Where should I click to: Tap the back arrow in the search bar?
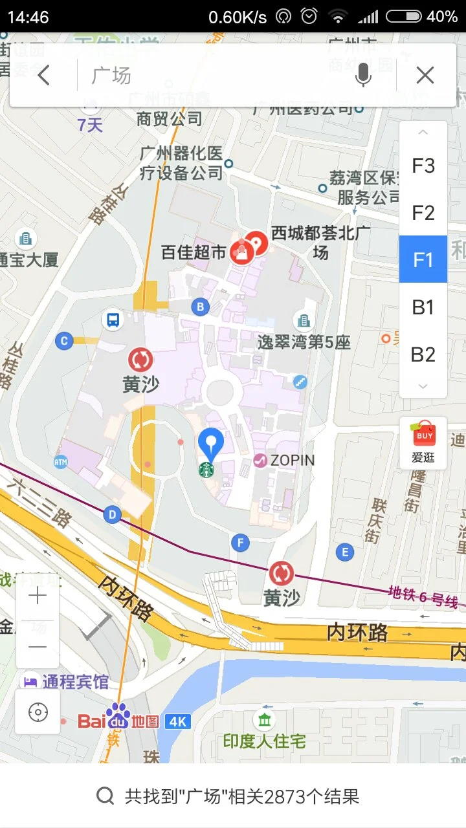click(x=43, y=76)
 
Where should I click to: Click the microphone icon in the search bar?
click(x=363, y=76)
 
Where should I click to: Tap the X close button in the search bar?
click(x=425, y=76)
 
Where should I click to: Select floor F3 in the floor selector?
click(x=423, y=166)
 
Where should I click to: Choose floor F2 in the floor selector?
click(x=423, y=213)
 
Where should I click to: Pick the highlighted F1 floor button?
click(x=423, y=259)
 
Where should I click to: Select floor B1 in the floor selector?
click(x=423, y=307)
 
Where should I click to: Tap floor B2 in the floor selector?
click(x=423, y=354)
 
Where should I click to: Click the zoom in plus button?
click(x=38, y=596)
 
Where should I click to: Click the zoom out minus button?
click(x=38, y=646)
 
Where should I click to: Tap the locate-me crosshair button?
click(x=38, y=712)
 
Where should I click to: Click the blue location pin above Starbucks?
click(x=210, y=444)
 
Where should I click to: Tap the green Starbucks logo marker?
click(x=206, y=470)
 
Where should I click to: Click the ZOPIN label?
click(x=291, y=460)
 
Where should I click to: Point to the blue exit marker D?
click(x=113, y=515)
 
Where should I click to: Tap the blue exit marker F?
click(x=241, y=542)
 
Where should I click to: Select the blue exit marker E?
click(x=344, y=552)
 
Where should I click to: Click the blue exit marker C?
click(x=63, y=340)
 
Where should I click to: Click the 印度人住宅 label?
click(x=264, y=741)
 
